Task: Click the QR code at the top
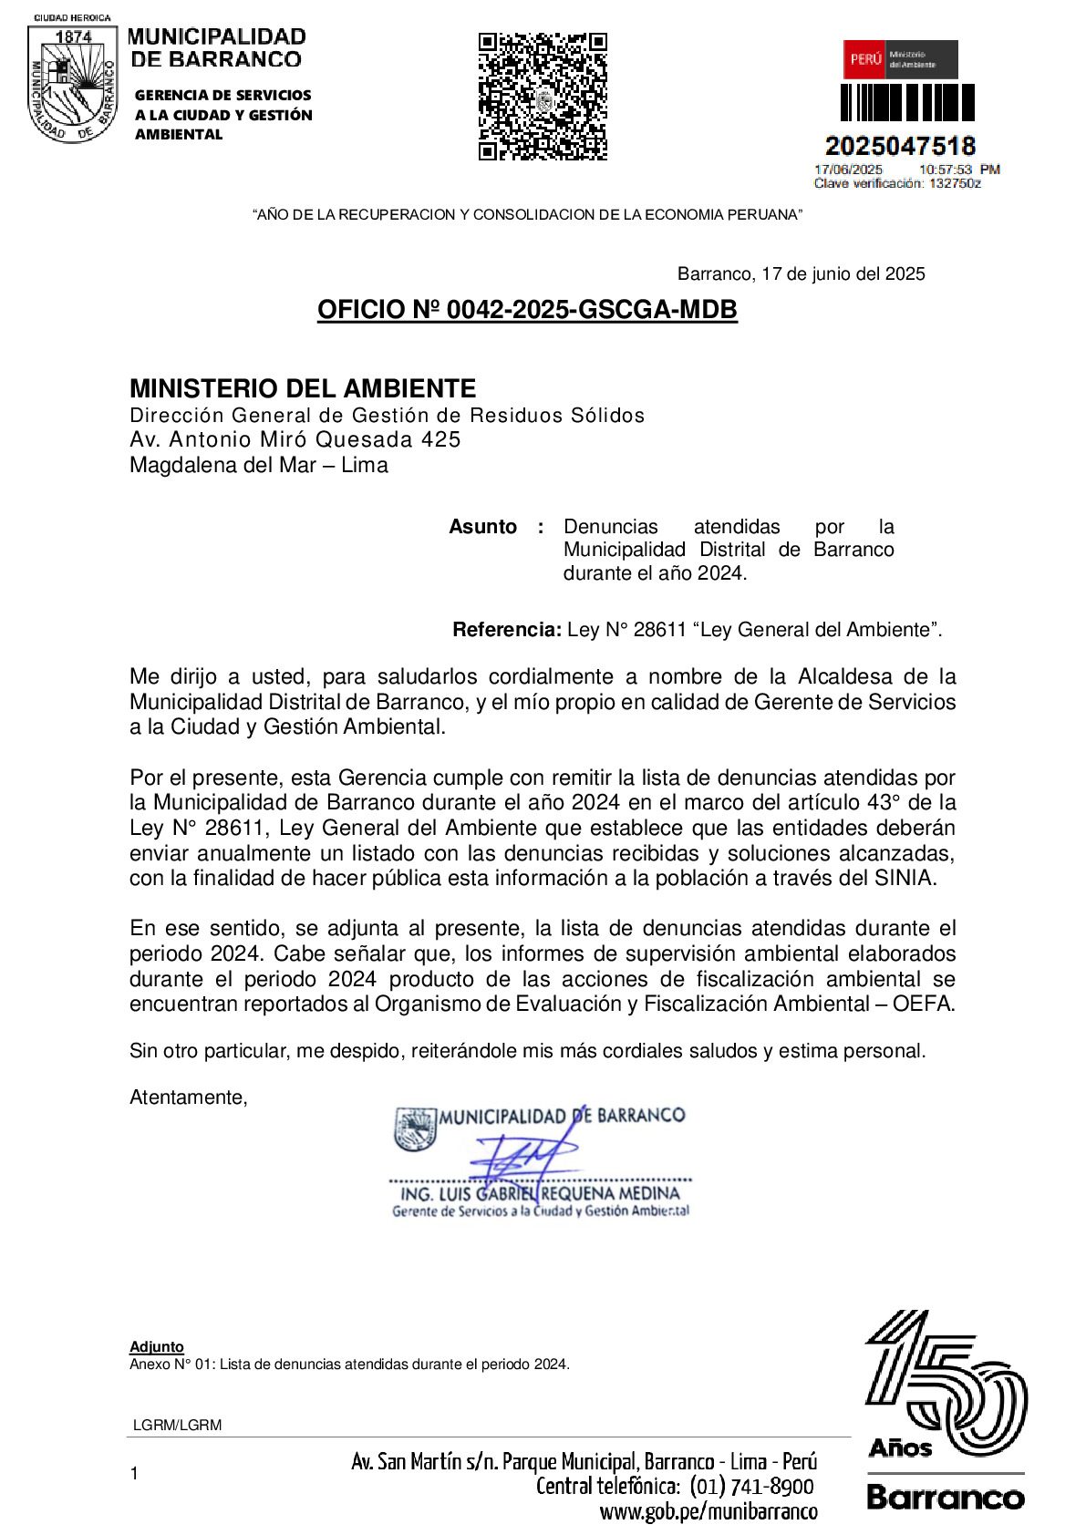click(543, 97)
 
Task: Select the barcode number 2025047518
click(900, 146)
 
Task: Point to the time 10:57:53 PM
click(958, 170)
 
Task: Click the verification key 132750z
click(955, 183)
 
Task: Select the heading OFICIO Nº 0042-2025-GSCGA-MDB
click(527, 310)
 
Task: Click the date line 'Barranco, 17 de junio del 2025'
click(801, 274)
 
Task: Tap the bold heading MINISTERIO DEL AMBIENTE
click(303, 388)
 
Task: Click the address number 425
click(440, 439)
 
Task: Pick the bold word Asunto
click(482, 527)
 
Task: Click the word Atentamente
click(188, 1097)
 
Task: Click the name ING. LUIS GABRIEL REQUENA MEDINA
click(540, 1194)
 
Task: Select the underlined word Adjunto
click(157, 1347)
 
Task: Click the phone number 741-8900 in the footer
click(771, 1487)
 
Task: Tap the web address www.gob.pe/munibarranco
click(708, 1512)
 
